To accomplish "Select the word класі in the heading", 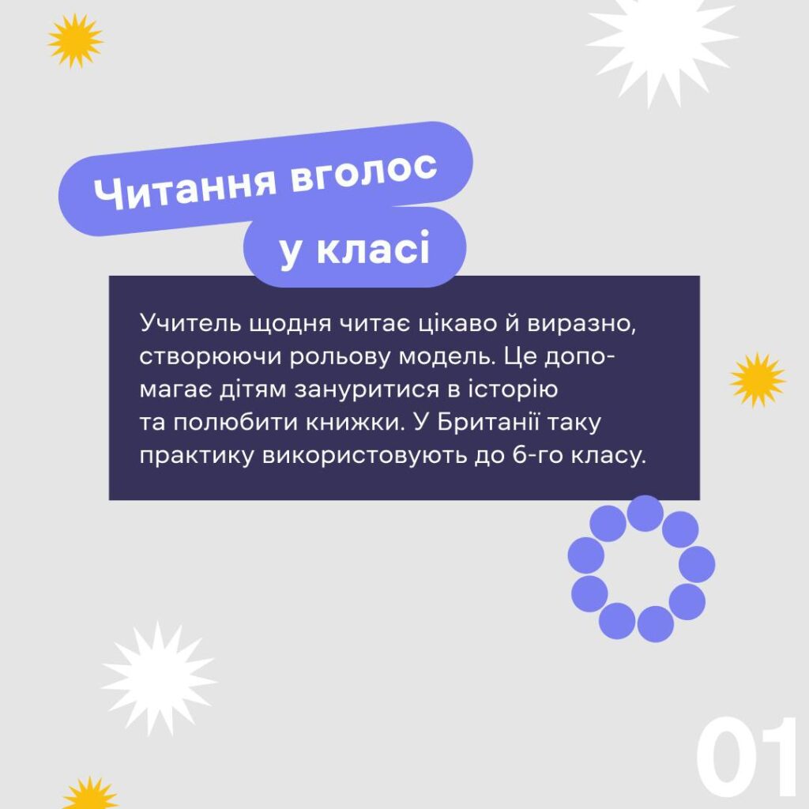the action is (x=373, y=248).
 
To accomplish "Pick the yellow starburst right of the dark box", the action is (x=758, y=380).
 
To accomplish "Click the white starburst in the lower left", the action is (x=158, y=679).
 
